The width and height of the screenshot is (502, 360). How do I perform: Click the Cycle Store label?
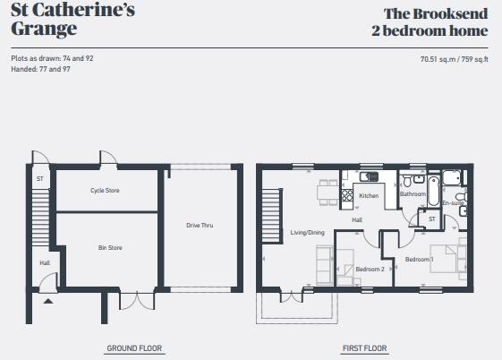point(105,191)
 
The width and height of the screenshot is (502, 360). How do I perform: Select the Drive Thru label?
point(200,226)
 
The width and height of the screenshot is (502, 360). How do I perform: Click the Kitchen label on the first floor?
point(369,195)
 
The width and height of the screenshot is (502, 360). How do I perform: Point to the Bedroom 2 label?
point(370,269)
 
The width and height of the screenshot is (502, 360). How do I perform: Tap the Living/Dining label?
point(307,233)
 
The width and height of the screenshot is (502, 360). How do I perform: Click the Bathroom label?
point(413,194)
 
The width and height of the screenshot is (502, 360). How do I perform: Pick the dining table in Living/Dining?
point(325,193)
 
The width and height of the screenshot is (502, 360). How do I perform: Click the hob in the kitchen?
point(345,193)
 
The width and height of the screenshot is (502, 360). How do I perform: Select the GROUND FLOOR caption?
point(134,348)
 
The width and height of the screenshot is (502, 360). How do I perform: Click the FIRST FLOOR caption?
point(364,348)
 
